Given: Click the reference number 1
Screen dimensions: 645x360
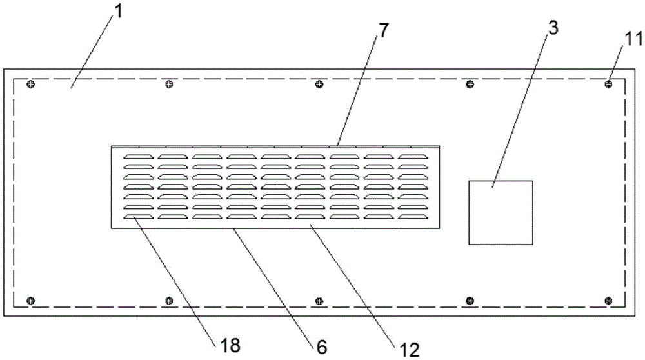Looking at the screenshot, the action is tap(118, 12).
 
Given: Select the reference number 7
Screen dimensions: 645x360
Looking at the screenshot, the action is tap(383, 30).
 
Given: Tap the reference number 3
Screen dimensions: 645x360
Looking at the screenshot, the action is tap(553, 28).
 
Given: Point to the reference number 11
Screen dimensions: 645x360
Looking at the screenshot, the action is tap(633, 39).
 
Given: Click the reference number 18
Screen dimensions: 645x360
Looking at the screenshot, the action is tap(230, 345).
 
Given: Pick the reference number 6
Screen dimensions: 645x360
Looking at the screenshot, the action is tap(322, 348).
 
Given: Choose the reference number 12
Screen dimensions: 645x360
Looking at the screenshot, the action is tap(410, 350).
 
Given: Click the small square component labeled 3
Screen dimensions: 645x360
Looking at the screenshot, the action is tap(501, 213).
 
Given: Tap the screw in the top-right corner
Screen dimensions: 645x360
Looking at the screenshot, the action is tap(608, 85).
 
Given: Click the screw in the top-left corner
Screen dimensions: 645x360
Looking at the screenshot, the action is tap(30, 85).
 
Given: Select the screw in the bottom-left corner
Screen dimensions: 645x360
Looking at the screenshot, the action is tap(30, 301).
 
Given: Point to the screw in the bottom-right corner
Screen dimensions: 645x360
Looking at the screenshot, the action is tap(608, 301).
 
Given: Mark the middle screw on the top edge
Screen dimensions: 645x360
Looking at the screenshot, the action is tap(319, 85).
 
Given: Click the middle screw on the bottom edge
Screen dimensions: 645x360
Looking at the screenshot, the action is tap(319, 301).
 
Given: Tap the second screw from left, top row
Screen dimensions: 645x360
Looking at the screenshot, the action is tap(168, 85).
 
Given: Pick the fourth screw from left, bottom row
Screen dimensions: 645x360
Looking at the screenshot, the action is tap(470, 301).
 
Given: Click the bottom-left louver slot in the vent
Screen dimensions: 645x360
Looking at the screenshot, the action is tap(139, 217).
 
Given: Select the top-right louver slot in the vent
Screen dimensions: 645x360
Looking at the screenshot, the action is tap(413, 157).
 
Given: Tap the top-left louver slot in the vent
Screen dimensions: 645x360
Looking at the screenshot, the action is tap(139, 157).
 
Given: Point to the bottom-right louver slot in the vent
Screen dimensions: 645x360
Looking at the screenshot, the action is tap(413, 217).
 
